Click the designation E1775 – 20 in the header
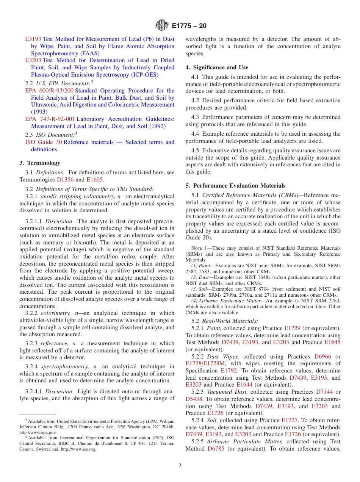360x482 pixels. (x=189, y=26)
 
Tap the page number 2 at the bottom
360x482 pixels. (x=180, y=466)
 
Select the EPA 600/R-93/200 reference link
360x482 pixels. (x=49, y=91)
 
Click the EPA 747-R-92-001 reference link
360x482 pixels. (x=50, y=119)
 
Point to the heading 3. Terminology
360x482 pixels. (x=40, y=163)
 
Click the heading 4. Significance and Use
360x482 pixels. (x=217, y=67)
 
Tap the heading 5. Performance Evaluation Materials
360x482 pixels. (x=235, y=186)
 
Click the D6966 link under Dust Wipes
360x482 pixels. (x=322, y=357)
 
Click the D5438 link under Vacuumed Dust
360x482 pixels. (x=194, y=399)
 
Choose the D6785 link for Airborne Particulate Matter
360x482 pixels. (x=216, y=449)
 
